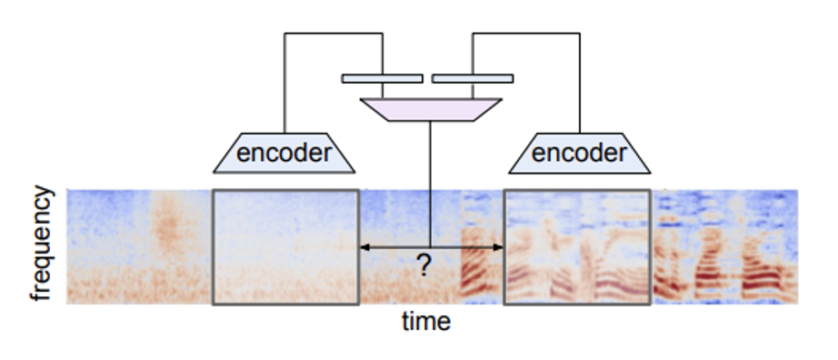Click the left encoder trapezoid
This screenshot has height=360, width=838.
tap(284, 153)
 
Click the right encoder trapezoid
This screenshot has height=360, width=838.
tap(579, 153)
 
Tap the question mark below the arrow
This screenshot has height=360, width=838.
tap(423, 265)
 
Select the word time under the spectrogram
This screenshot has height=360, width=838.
tap(426, 322)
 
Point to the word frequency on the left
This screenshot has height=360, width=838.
tap(42, 244)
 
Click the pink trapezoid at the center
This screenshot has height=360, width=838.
tap(431, 110)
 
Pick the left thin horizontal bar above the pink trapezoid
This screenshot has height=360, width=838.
tap(382, 78)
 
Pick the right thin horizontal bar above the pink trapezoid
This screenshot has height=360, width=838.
tap(473, 78)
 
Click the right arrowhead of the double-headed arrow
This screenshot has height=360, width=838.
tap(497, 247)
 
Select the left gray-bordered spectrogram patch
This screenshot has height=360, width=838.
tap(286, 247)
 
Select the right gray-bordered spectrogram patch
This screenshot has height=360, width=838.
tap(577, 247)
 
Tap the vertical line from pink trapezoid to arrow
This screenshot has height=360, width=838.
tap(430, 185)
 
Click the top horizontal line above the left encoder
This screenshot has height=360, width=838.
tap(334, 34)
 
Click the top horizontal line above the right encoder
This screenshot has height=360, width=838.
tap(526, 34)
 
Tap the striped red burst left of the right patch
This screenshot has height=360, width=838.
tap(481, 262)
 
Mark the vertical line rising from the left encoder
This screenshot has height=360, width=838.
tap(284, 83)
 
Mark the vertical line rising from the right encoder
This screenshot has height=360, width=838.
tap(580, 83)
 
